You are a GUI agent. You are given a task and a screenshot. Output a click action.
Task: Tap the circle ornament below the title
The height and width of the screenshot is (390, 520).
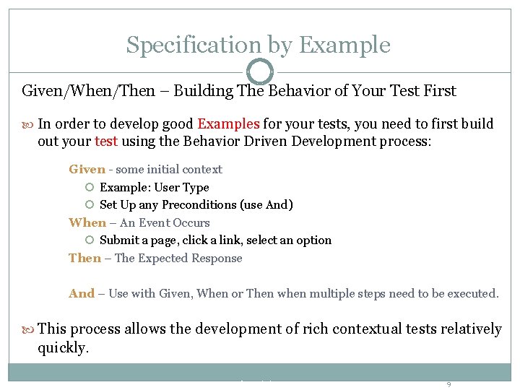point(260,71)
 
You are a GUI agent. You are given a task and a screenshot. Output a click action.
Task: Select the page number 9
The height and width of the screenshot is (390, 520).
point(448,384)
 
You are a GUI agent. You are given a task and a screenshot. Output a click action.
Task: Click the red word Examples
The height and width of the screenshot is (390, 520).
point(229,123)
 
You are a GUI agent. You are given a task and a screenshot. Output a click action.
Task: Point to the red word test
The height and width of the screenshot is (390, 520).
point(105,141)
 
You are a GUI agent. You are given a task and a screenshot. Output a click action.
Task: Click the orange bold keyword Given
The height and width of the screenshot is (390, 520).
point(87,169)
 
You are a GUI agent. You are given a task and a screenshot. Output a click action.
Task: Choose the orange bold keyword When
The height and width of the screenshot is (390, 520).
point(87,222)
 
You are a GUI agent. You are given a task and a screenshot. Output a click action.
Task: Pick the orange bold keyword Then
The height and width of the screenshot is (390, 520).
point(84,258)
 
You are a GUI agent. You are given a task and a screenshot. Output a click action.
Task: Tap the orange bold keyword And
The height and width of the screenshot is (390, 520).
point(82,293)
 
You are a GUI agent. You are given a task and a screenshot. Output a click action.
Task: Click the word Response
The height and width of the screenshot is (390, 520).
point(217,258)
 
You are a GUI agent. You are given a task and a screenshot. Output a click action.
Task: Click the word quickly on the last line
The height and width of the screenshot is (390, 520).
point(61,347)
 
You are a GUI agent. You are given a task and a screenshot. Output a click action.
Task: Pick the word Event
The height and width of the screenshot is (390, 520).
point(154,222)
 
